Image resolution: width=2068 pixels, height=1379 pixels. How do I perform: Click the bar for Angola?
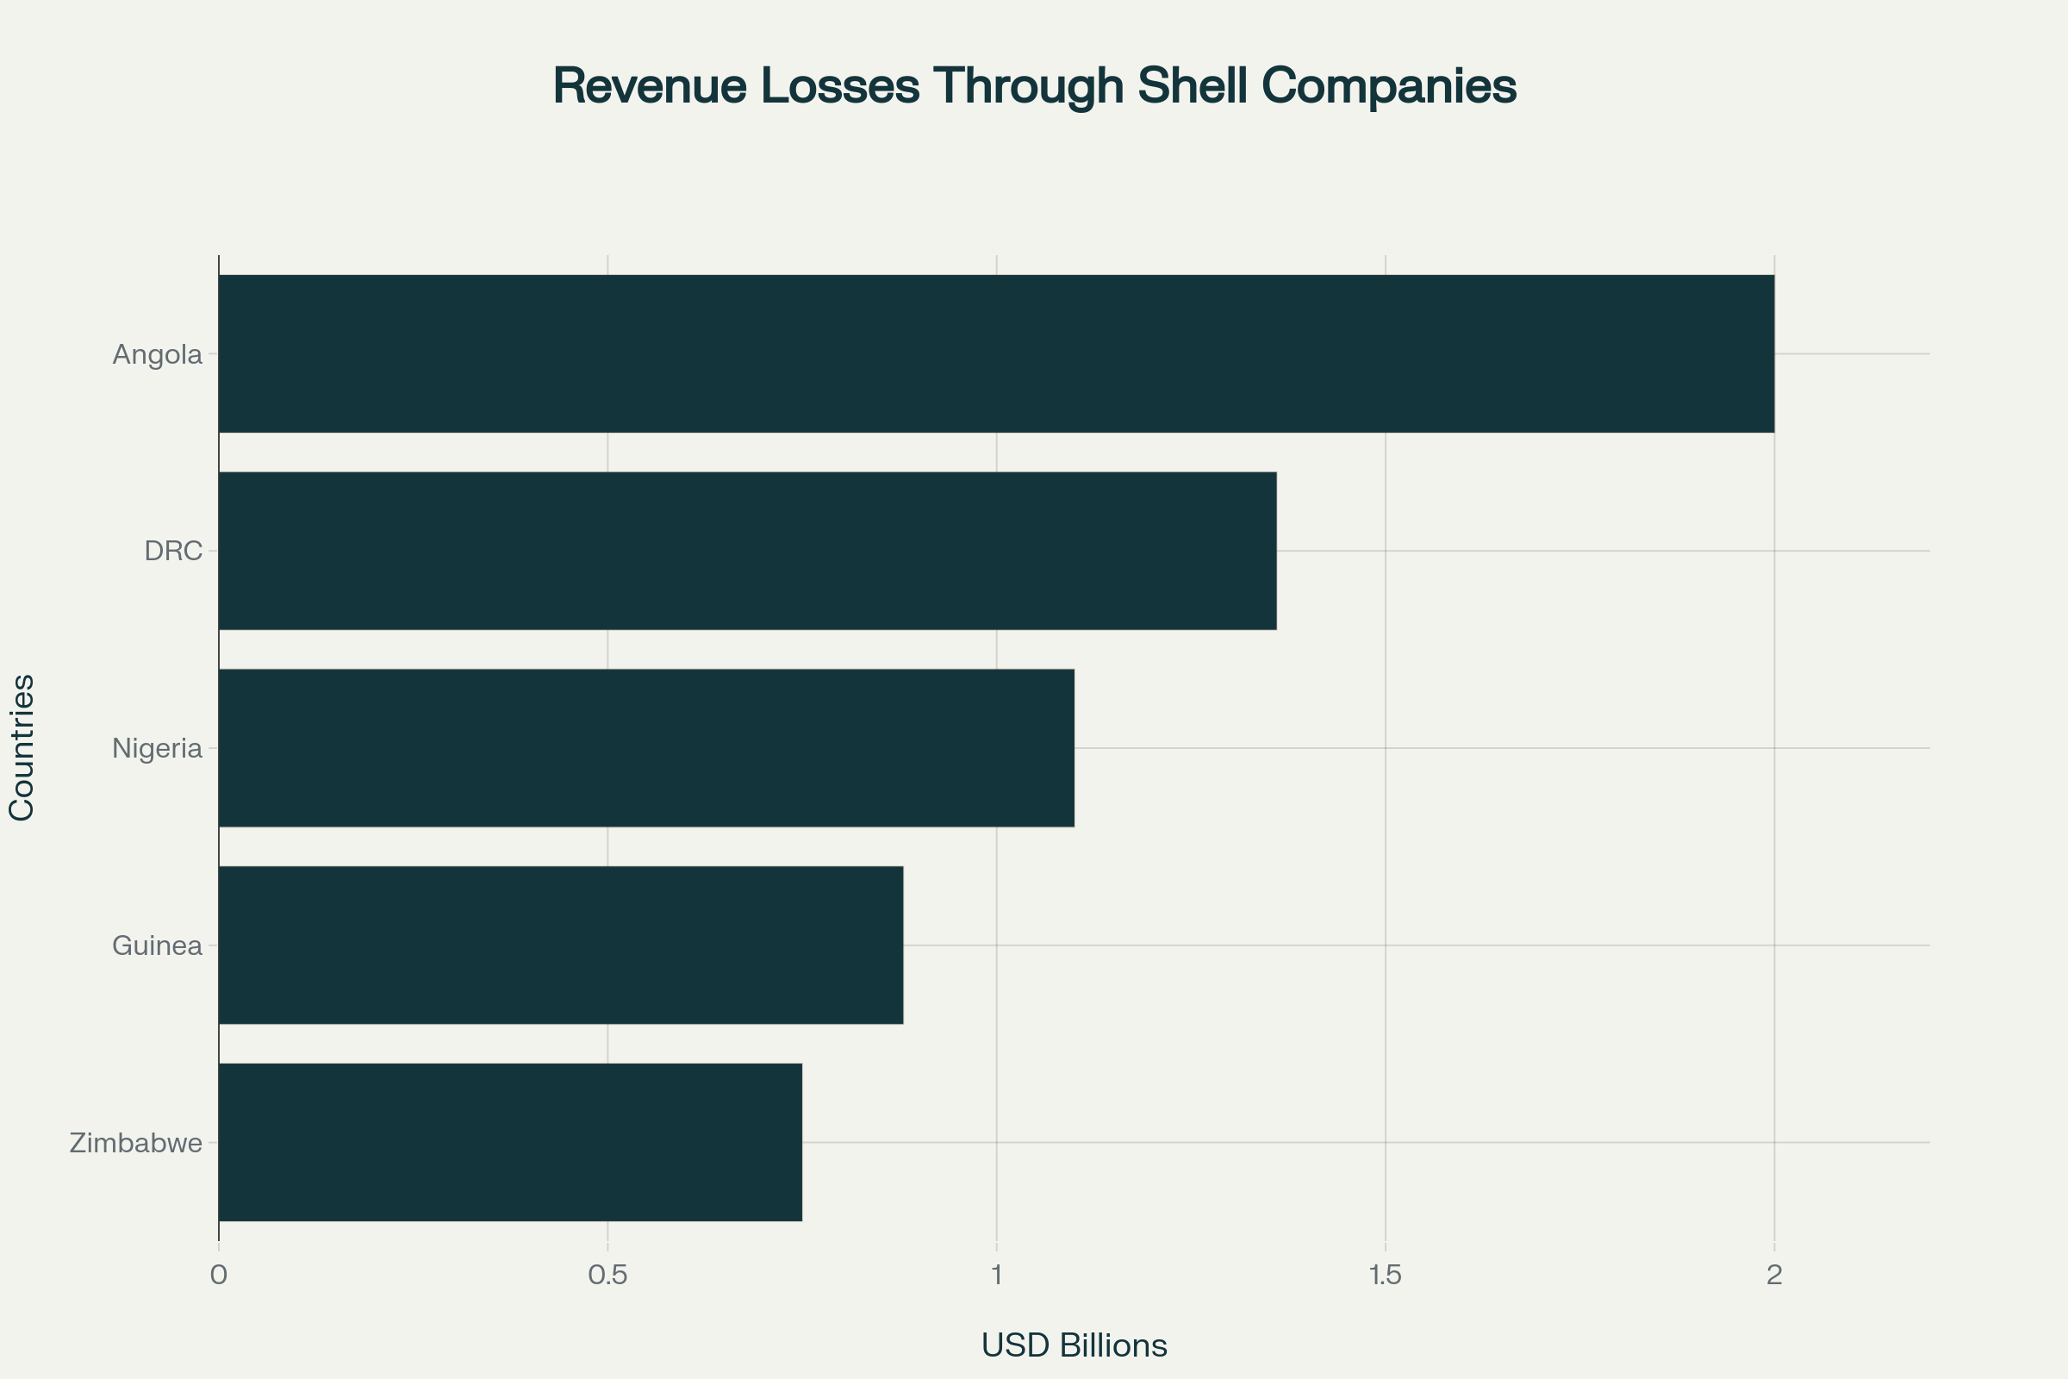(996, 353)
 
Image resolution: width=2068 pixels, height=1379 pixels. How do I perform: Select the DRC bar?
(747, 551)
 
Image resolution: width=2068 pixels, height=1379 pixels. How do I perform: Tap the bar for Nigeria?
(646, 747)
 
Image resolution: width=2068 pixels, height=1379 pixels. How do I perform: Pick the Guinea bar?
(561, 945)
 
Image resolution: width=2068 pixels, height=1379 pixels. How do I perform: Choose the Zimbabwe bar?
(510, 1143)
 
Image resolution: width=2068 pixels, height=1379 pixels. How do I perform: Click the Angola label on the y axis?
(158, 354)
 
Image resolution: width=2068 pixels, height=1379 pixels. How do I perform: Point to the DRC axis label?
(173, 552)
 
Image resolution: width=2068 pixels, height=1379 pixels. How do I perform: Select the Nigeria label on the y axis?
(158, 748)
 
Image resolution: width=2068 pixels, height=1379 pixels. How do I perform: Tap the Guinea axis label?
(158, 946)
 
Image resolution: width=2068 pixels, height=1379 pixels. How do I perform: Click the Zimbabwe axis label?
(136, 1144)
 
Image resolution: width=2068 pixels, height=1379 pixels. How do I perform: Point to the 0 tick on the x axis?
(219, 1276)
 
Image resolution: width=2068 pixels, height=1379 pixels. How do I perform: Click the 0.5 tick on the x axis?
(607, 1276)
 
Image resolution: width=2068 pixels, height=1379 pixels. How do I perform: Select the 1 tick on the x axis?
(996, 1276)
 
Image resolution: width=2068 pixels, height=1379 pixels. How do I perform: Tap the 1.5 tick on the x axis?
(1386, 1276)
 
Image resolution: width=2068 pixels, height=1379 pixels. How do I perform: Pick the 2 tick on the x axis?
(1774, 1276)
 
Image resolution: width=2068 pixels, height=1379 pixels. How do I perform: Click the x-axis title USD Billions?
(1074, 1345)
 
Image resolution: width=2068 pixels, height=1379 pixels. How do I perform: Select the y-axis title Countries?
(22, 747)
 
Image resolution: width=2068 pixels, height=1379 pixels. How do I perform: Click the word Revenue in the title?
(649, 86)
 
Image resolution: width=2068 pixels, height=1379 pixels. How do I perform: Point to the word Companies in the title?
(1389, 86)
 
